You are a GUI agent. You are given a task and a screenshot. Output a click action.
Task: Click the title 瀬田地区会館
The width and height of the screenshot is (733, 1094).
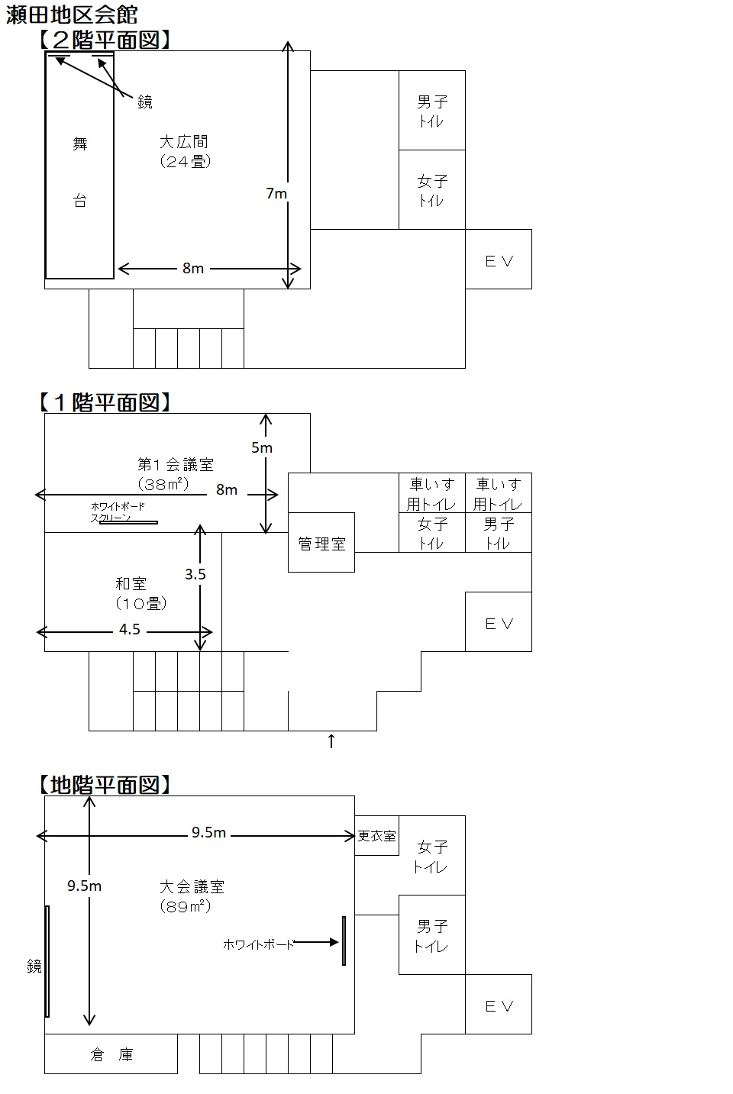point(72,15)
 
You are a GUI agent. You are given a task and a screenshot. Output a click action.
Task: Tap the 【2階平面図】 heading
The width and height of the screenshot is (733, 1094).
point(105,40)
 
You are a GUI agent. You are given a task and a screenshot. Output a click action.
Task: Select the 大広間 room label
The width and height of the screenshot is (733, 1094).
point(183,142)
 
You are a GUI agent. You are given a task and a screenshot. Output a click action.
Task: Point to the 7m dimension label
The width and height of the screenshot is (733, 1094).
point(276,193)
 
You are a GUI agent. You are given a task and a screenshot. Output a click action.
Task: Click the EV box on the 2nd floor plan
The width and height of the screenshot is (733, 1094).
point(499,260)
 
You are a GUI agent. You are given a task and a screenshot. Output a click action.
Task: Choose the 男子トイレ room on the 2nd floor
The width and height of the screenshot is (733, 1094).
point(432,111)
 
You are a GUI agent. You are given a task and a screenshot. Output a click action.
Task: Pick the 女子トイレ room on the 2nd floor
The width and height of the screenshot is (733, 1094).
point(432,189)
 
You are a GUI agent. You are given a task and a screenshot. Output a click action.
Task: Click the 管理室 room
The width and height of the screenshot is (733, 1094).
point(321,543)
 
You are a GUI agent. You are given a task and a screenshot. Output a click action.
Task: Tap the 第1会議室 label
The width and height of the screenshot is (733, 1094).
point(176,464)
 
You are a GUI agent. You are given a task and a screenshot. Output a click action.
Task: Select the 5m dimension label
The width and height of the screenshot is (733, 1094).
point(262,447)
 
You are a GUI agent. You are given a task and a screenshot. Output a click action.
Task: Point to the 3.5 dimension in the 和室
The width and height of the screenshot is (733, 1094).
point(195,574)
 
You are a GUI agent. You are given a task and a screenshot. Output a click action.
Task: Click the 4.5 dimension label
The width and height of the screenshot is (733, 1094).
point(129,629)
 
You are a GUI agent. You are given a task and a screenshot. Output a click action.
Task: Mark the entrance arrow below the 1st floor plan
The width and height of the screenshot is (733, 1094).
point(331,741)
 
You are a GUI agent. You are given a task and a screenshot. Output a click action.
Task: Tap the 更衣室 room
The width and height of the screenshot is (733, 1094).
point(376,836)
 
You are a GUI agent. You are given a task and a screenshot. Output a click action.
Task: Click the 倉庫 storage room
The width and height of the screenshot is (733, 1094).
point(111,1054)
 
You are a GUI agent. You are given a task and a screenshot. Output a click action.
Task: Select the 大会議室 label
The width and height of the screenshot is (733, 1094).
point(192,886)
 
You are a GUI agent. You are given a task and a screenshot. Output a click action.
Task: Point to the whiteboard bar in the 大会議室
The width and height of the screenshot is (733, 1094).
point(344,941)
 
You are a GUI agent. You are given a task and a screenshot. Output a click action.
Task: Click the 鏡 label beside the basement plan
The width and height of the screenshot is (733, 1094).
point(34,966)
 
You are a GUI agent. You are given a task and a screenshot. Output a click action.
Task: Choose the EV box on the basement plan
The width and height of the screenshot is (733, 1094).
point(499,1005)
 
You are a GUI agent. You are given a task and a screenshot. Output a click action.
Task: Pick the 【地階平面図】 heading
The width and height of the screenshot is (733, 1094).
point(105,785)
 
